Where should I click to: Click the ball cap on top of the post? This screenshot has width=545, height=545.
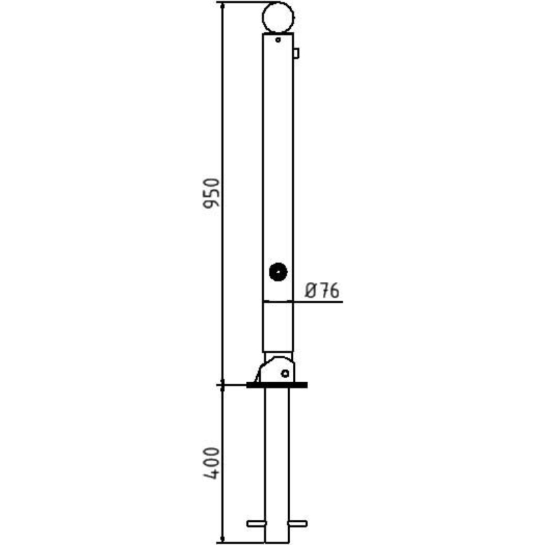278,18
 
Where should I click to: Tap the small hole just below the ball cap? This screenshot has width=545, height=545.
278,40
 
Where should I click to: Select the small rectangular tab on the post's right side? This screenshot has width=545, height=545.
296,54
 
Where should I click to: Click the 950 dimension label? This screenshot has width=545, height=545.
211,193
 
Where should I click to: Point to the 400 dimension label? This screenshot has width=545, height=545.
211,463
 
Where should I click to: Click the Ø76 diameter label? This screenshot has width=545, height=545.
322,290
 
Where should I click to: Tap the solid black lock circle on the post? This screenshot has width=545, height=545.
278,272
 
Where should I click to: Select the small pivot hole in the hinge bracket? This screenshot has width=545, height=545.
285,373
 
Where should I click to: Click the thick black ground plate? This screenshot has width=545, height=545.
277,385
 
